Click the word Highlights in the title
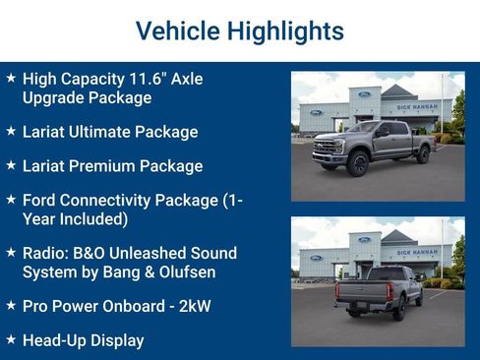tap(285, 30)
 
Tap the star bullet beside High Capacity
tap(11, 77)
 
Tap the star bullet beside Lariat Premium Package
tap(11, 164)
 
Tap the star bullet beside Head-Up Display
tap(11, 339)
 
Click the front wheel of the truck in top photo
tap(357, 162)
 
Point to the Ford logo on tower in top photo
tap(364, 94)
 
